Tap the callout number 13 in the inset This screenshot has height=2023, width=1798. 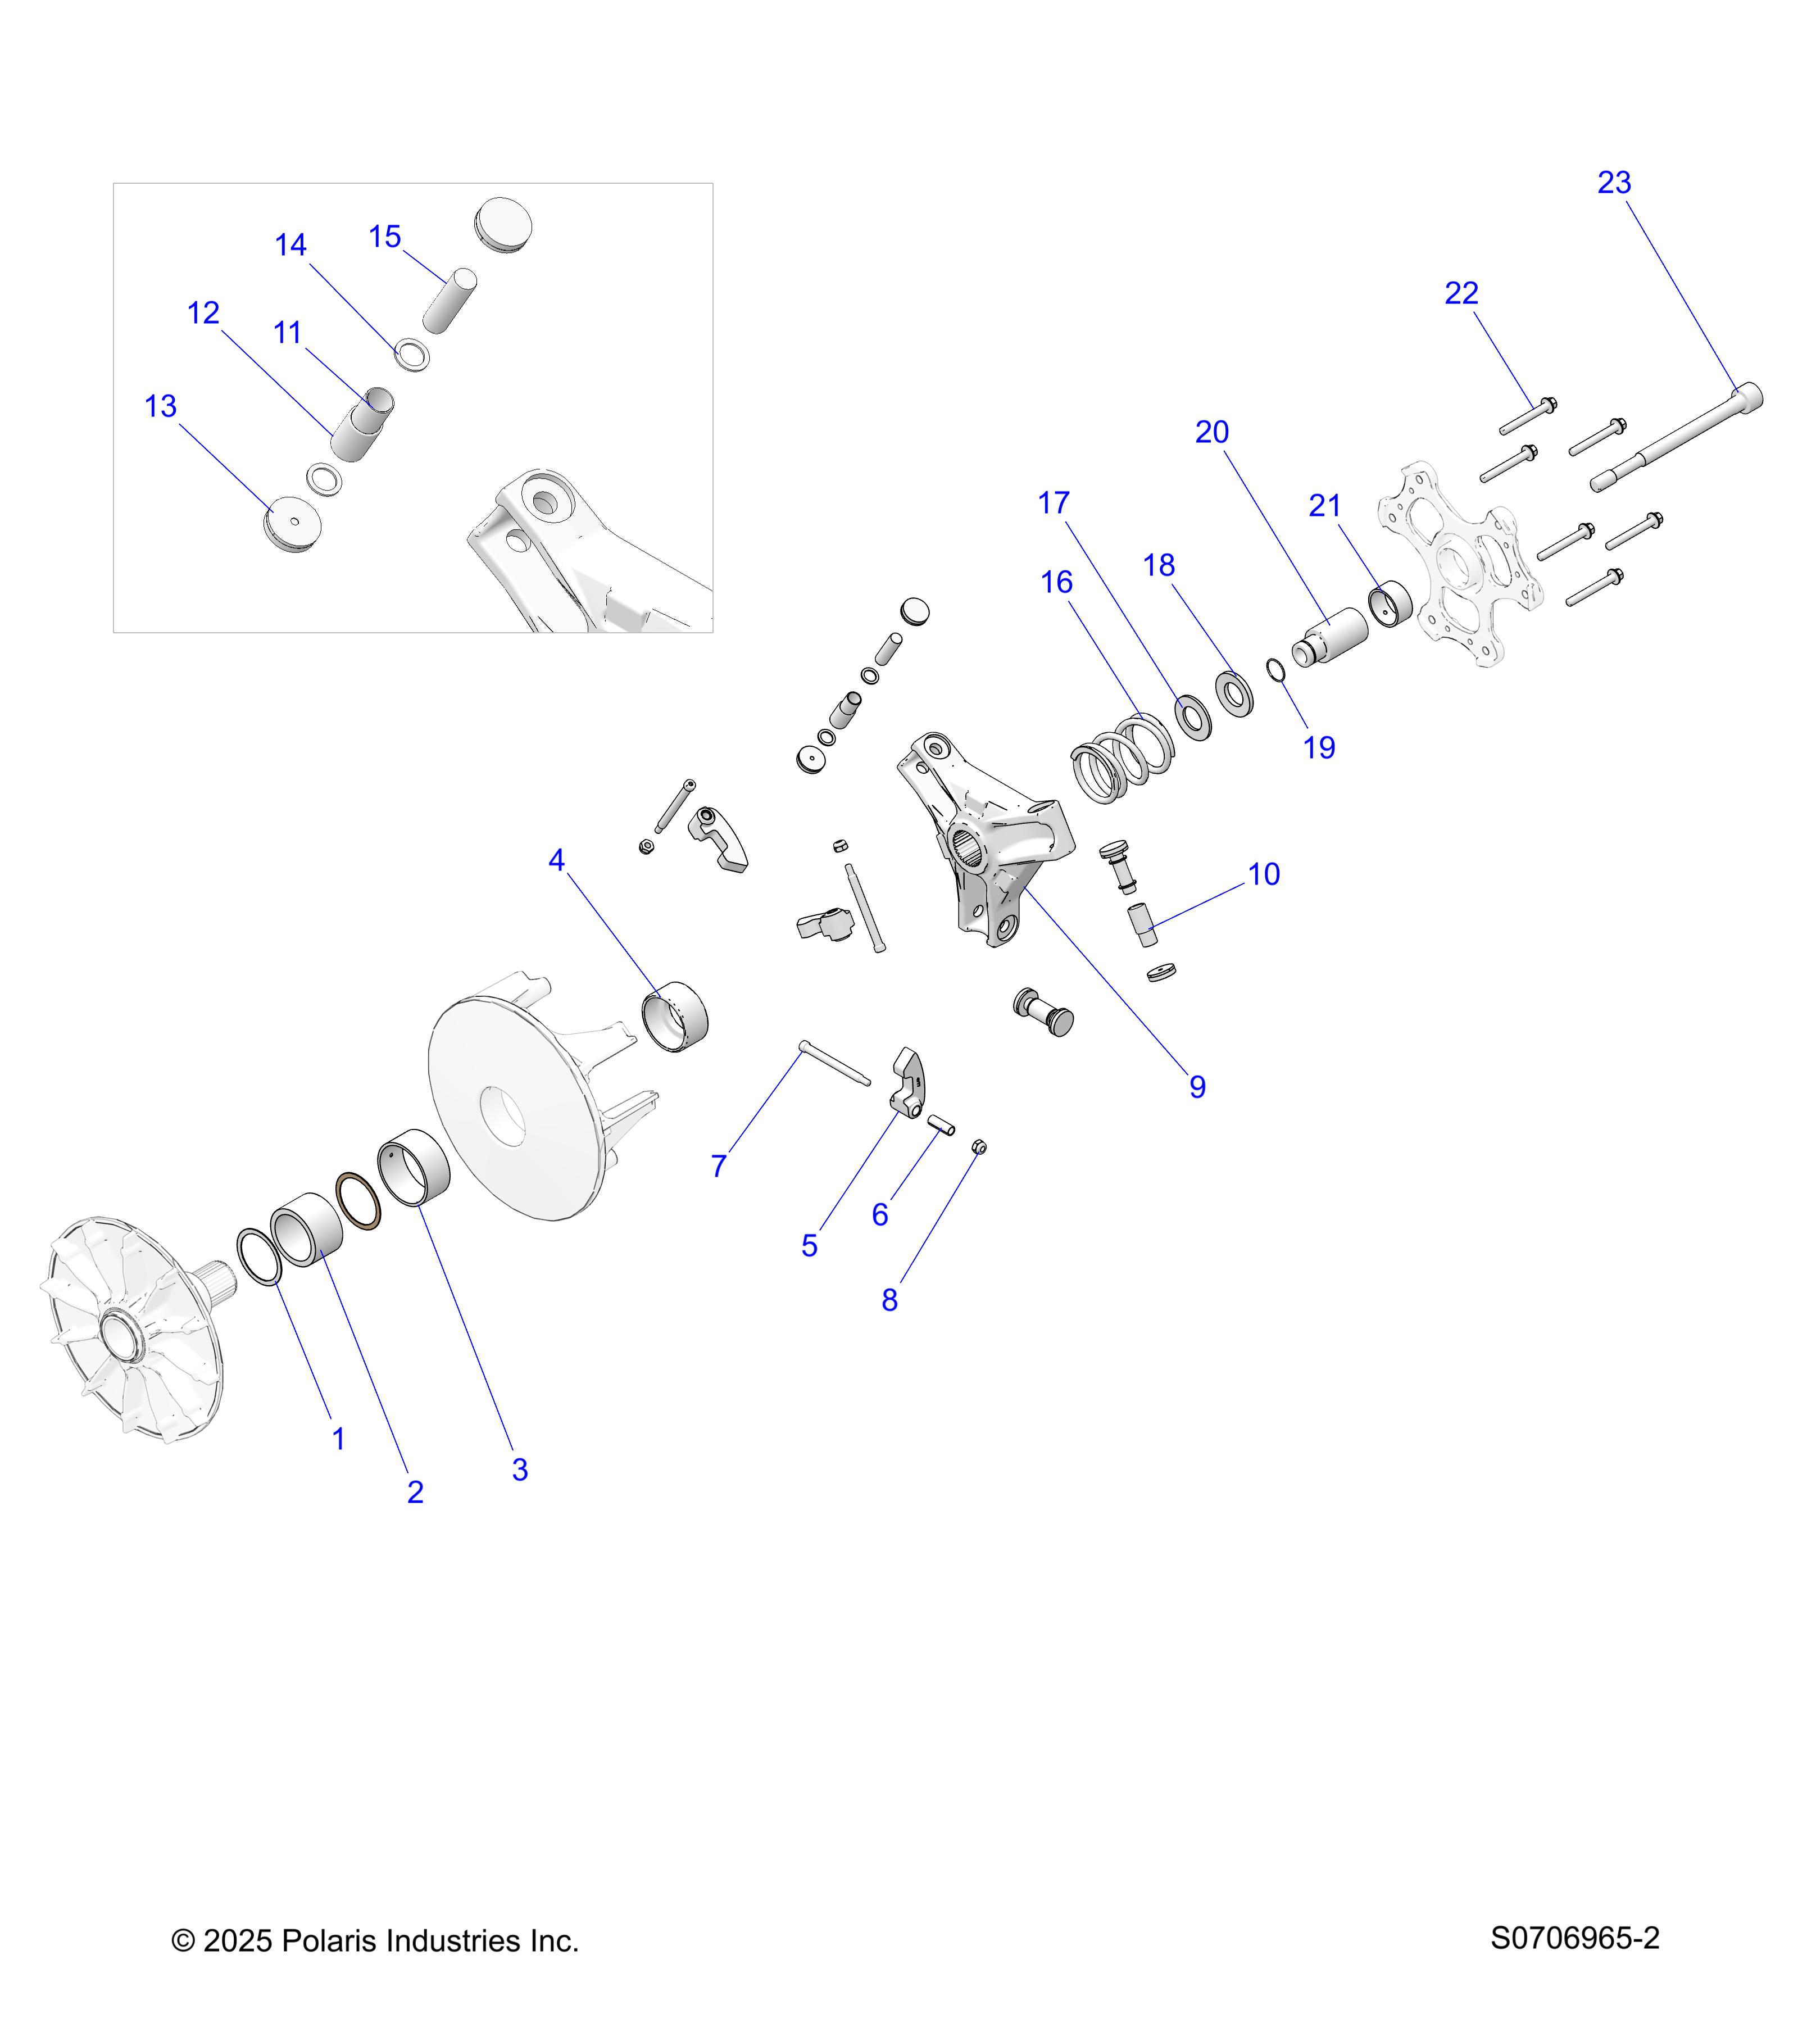(160, 406)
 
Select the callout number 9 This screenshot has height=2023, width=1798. (1197, 1087)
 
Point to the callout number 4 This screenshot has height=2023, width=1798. (557, 860)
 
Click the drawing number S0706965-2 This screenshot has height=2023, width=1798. (1574, 1938)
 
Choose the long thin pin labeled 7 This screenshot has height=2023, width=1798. (834, 1063)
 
